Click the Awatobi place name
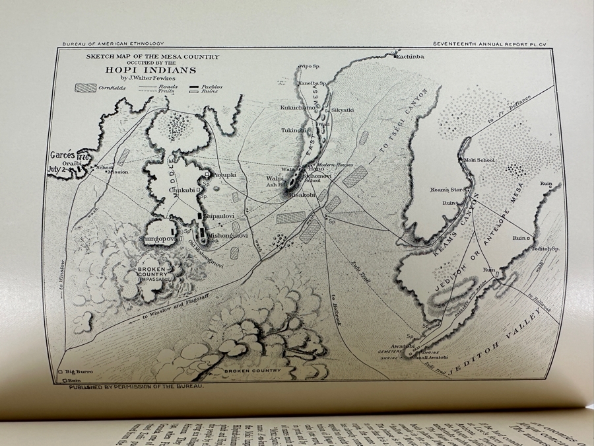point(401,346)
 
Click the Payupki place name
point(223,174)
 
